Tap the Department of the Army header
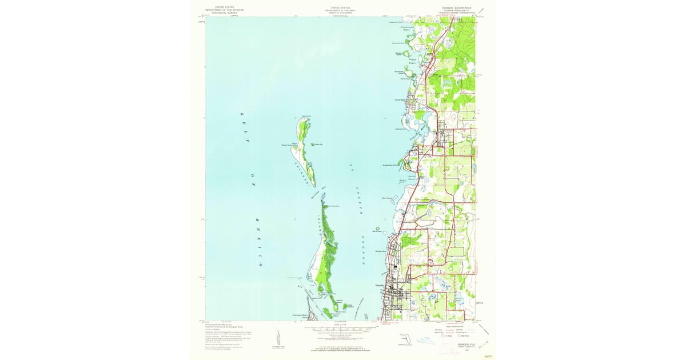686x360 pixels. coord(340,10)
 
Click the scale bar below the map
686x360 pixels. coord(340,330)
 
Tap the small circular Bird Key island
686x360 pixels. coord(377,229)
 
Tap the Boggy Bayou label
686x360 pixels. coord(413,59)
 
